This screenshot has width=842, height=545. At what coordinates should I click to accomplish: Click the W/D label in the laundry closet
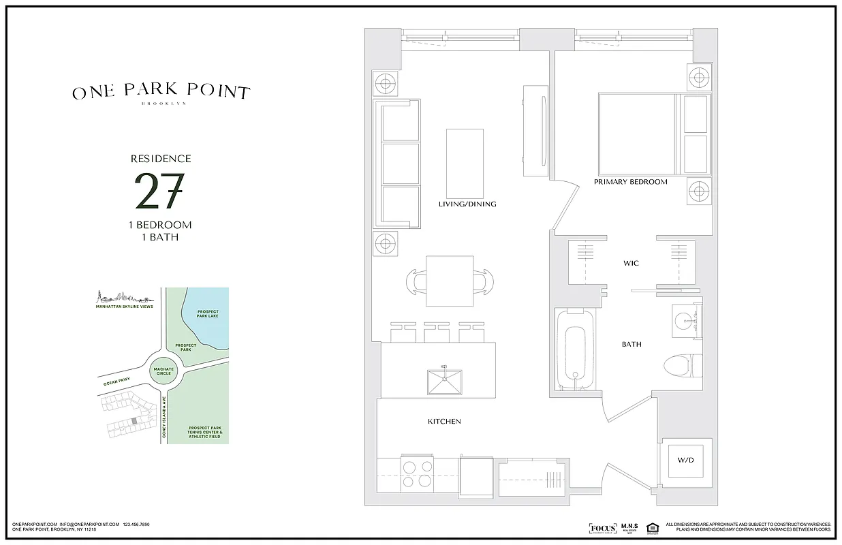685,461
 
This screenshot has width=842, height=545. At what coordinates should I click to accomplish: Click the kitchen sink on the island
445,381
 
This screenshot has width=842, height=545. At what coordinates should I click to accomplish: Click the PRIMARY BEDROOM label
630,182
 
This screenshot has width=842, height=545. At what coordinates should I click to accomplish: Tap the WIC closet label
631,263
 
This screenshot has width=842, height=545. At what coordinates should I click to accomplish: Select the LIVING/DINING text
467,204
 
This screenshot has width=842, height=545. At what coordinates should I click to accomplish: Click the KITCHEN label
444,422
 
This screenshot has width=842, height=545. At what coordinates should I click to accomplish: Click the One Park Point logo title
161,93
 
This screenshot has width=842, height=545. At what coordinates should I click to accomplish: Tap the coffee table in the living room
465,162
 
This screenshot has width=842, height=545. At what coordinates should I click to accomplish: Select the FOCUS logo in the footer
602,529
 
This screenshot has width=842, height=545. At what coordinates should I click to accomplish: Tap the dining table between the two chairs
450,281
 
